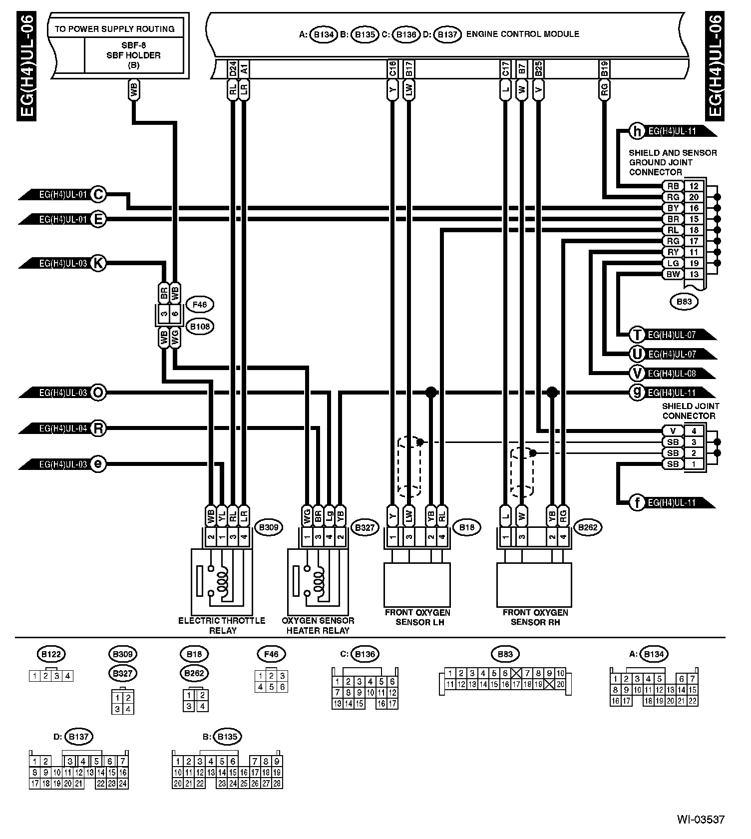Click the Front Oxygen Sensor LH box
417,585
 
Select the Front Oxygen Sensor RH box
534,585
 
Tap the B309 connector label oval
269,527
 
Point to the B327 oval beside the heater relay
365,527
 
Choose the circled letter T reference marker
637,334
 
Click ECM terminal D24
233,69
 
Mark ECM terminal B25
538,69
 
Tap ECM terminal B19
604,69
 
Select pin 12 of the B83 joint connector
694,186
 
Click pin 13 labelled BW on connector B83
694,274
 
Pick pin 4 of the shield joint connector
694,431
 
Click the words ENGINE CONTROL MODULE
522,34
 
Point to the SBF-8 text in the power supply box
133,45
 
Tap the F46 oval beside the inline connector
199,304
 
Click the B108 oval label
199,327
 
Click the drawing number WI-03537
700,820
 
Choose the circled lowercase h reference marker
637,131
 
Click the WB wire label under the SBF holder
133,90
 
